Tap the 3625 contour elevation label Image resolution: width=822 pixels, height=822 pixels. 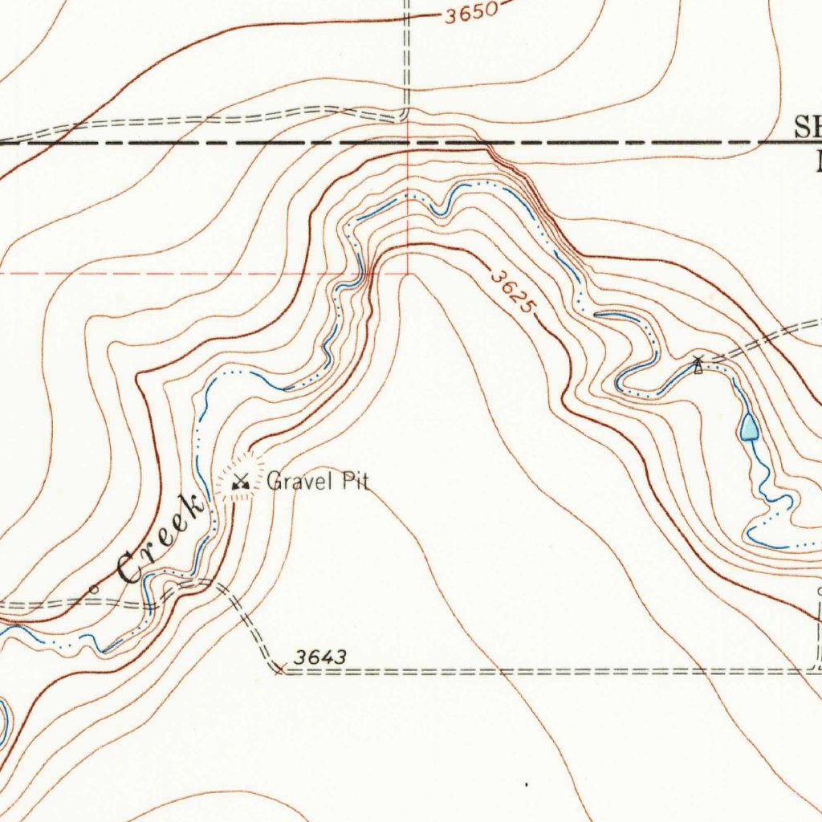[x=512, y=294]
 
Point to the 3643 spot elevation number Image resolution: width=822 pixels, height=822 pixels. [x=319, y=657]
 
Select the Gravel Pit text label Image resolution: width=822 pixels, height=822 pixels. [x=318, y=482]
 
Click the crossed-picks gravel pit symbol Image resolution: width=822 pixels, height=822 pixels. [x=240, y=482]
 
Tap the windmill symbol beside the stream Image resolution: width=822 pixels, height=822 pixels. [x=698, y=365]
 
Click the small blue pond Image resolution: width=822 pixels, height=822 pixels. [x=749, y=427]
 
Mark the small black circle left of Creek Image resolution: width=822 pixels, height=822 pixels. [x=94, y=589]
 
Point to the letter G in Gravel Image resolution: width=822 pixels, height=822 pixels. [x=274, y=482]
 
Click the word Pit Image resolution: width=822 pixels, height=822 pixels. [x=356, y=482]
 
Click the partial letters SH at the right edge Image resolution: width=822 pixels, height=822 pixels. [x=808, y=126]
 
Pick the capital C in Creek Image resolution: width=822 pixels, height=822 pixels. [x=128, y=569]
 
